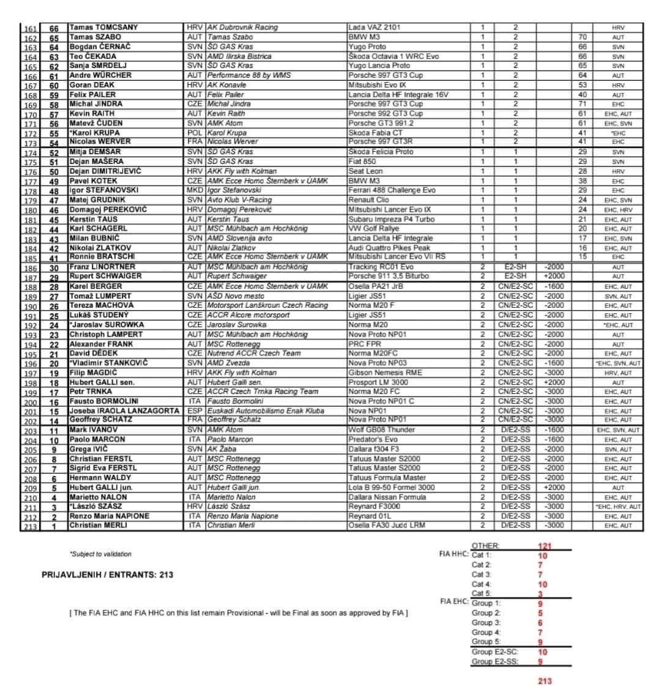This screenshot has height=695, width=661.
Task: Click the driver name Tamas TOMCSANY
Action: click(x=103, y=28)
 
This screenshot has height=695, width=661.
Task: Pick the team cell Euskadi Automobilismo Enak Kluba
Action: click(x=273, y=411)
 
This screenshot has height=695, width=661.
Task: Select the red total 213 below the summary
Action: click(x=545, y=681)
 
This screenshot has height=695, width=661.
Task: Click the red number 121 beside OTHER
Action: click(x=545, y=546)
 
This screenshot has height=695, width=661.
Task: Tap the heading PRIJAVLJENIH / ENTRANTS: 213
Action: click(x=107, y=575)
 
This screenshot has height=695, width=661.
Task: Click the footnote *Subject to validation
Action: click(x=100, y=554)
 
